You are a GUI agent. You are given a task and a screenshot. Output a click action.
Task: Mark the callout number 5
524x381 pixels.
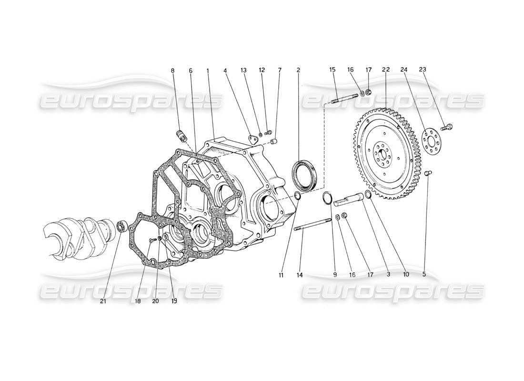pos(424,274)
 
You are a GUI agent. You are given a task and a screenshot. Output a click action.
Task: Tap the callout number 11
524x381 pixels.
pos(283,274)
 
